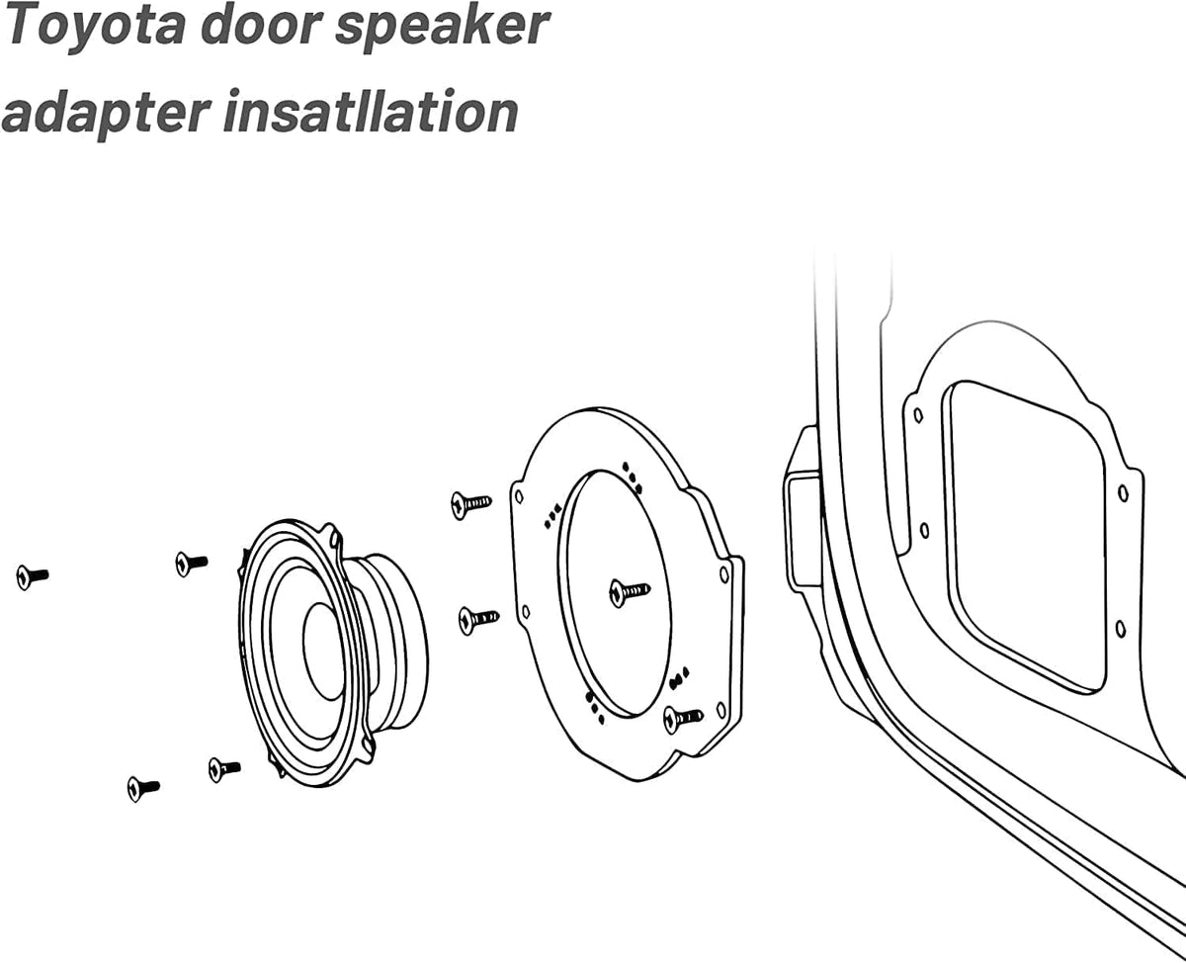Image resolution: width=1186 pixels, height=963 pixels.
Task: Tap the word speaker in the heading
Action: click(x=443, y=27)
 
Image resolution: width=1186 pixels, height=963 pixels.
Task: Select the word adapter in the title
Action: click(x=106, y=113)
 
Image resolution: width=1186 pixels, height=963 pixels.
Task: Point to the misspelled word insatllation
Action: click(x=371, y=111)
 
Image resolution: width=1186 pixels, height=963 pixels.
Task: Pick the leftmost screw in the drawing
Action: click(x=33, y=576)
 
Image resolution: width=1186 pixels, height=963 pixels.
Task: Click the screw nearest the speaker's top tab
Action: click(x=192, y=564)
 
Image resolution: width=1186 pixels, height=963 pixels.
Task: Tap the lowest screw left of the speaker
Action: click(x=143, y=788)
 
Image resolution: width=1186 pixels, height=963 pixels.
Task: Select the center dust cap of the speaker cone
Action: click(x=323, y=652)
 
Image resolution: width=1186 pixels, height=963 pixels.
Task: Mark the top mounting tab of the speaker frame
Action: click(x=333, y=535)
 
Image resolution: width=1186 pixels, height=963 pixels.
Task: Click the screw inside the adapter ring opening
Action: click(x=630, y=591)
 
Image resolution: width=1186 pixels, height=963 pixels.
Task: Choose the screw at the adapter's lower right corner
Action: click(x=684, y=719)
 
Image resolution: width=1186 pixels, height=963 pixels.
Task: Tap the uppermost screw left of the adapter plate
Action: click(x=471, y=505)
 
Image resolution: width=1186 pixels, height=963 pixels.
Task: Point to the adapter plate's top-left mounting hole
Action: click(x=520, y=496)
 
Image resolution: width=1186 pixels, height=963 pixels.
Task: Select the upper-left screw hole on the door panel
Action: click(x=919, y=415)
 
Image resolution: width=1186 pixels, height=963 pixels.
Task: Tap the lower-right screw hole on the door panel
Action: click(x=1121, y=630)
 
